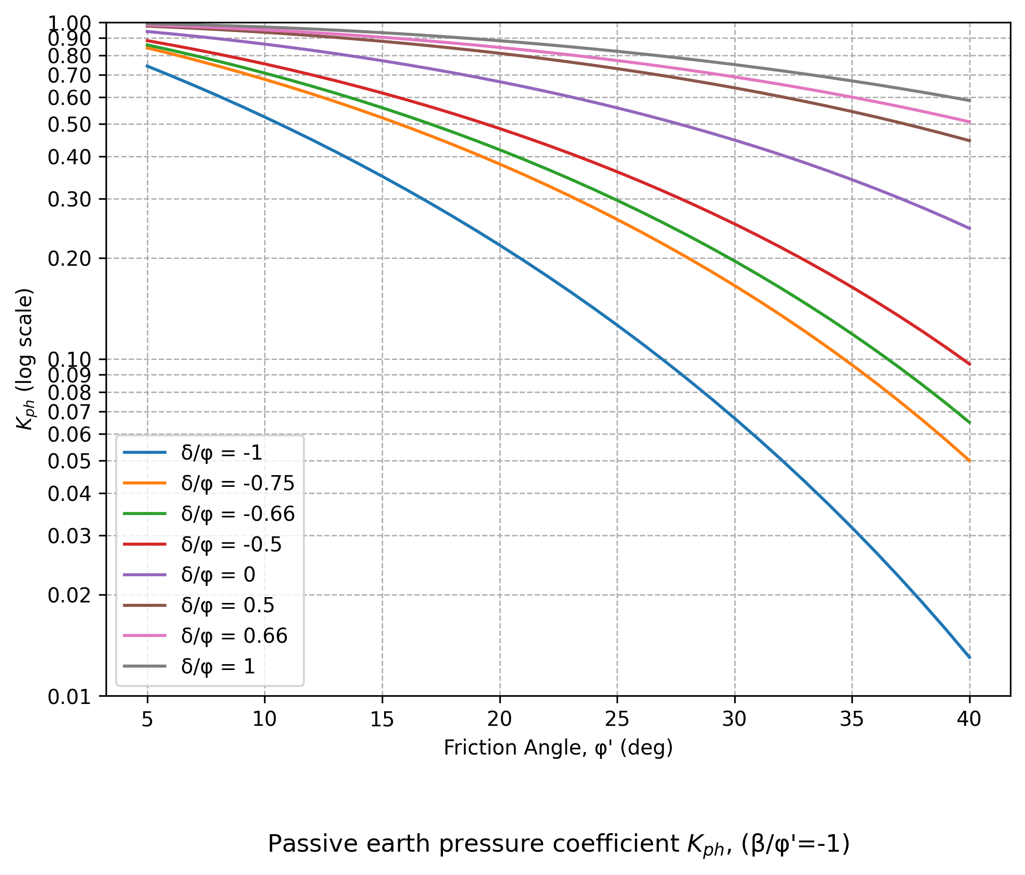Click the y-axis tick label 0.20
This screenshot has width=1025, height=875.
point(69,258)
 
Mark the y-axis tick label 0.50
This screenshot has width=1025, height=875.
point(69,124)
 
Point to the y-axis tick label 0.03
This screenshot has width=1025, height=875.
point(69,536)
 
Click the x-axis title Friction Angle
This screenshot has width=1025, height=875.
point(558,748)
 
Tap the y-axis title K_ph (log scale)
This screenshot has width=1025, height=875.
point(25,359)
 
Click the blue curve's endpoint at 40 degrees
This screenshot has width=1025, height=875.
point(969,657)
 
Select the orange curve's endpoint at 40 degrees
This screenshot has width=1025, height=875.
point(969,461)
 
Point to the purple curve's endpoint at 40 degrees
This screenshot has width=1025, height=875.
point(969,228)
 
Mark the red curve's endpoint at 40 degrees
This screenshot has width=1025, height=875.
point(969,364)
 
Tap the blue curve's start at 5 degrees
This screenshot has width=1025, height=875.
point(147,66)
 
